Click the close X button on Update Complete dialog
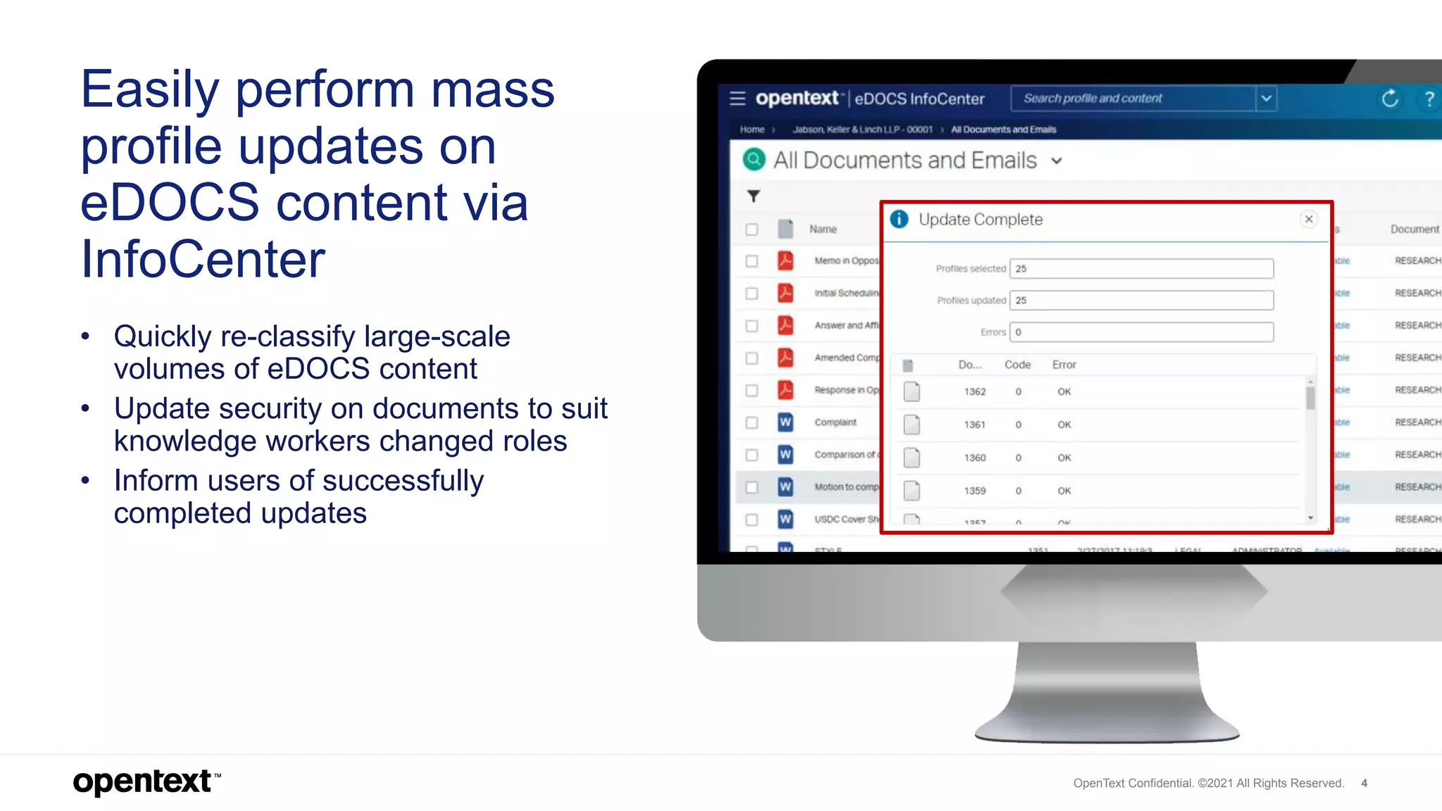tap(1308, 219)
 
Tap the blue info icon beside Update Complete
tap(899, 219)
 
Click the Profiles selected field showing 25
tap(1141, 268)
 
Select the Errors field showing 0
tap(1141, 332)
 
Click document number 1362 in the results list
tap(974, 391)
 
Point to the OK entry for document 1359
tap(1064, 491)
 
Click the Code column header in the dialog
tap(1017, 365)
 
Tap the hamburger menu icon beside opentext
tap(737, 99)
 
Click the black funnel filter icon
tap(753, 196)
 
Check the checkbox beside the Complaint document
tap(752, 422)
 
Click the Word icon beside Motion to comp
tap(785, 486)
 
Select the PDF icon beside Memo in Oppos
tap(785, 260)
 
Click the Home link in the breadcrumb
tap(752, 130)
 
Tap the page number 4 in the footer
tap(1364, 783)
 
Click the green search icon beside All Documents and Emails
tap(753, 160)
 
